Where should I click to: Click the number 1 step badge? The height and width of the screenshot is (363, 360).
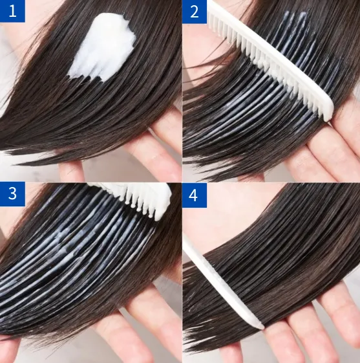coord(12,11)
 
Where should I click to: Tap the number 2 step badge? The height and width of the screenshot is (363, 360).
coord(195,12)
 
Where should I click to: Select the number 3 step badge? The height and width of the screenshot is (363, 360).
coord(12,194)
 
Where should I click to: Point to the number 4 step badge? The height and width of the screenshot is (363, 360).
coord(195,195)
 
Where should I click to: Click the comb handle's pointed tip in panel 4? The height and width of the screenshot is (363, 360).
coord(262,327)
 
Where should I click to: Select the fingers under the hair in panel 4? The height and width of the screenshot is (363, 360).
coord(308,324)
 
